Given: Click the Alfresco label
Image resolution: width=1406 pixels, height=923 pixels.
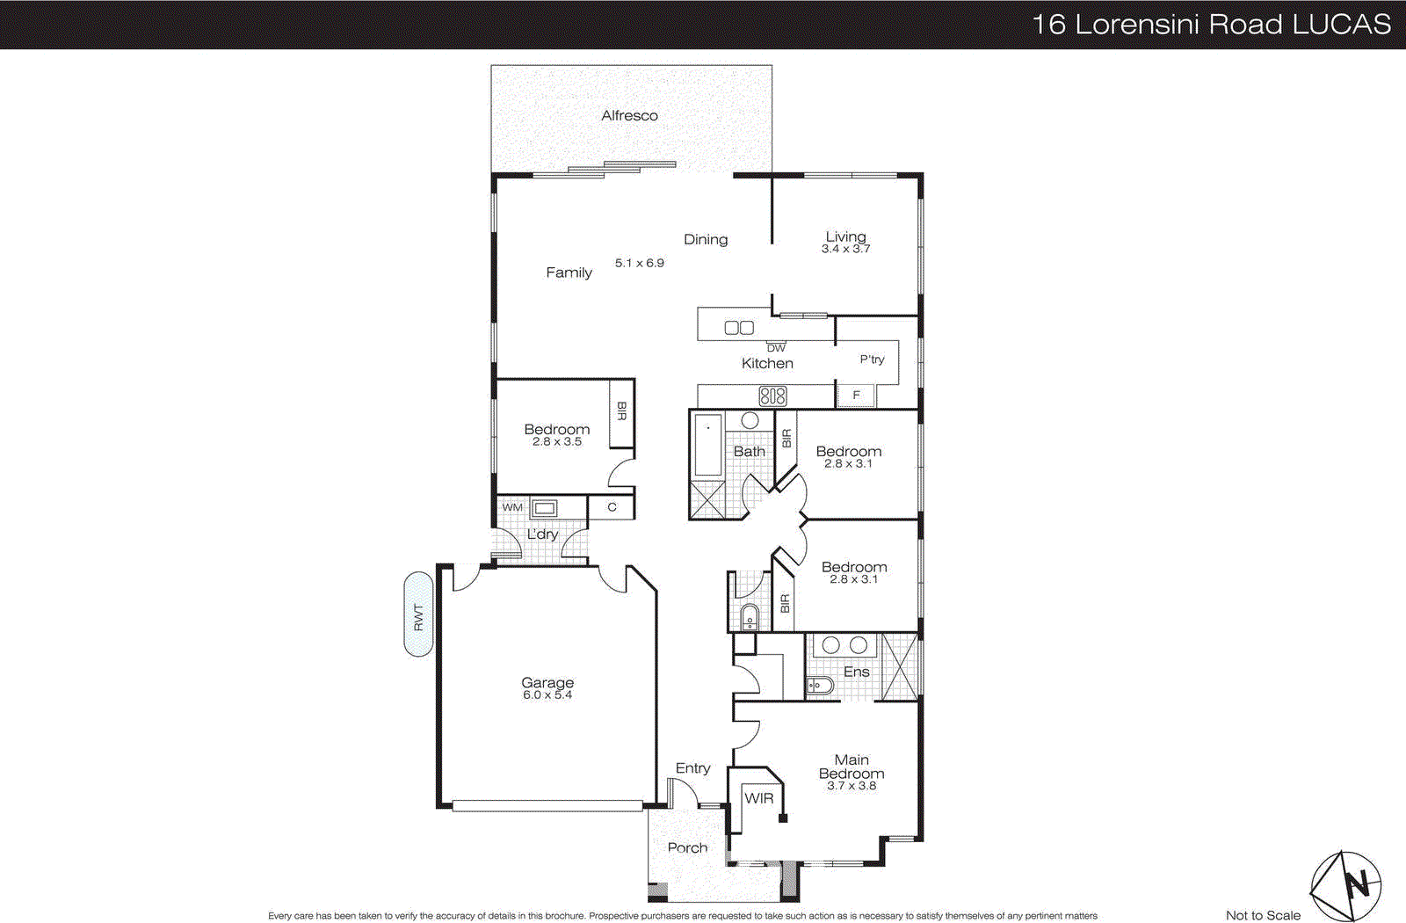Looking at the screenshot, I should click(629, 115).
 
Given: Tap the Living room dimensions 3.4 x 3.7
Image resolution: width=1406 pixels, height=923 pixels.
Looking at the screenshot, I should click(845, 249).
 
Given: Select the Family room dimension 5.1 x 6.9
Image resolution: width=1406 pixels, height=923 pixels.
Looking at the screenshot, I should click(639, 263).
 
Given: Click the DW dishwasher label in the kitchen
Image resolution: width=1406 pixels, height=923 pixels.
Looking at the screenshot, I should click(776, 348).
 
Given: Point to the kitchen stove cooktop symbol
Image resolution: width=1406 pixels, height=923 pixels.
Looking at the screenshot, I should click(772, 396).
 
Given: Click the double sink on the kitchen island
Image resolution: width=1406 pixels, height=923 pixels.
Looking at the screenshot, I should click(739, 328).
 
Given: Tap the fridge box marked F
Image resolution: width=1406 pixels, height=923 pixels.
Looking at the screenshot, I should click(856, 396).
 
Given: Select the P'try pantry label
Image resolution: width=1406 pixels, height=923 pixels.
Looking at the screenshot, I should click(872, 360).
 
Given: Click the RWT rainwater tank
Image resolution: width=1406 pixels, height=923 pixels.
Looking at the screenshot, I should click(418, 614).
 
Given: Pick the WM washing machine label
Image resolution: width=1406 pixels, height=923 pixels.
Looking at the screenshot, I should click(512, 507).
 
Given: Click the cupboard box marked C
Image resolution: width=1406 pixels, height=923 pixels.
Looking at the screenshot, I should click(612, 507).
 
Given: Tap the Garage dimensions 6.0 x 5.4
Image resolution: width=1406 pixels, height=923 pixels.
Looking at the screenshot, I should click(547, 695).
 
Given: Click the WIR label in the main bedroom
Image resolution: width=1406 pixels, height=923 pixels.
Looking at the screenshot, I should click(759, 798).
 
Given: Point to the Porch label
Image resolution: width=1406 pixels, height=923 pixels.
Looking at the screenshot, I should click(687, 848).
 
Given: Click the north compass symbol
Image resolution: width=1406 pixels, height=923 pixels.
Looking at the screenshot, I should click(1347, 884).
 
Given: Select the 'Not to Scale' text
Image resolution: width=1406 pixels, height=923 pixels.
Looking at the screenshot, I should click(1263, 915).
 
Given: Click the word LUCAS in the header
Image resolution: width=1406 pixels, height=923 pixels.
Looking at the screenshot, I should click(1341, 24).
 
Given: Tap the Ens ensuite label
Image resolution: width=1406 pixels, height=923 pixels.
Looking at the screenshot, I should click(856, 672).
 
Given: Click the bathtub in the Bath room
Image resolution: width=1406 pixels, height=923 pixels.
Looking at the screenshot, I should click(708, 445).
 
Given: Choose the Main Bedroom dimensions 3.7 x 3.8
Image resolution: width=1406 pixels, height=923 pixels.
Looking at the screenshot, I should click(851, 786).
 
